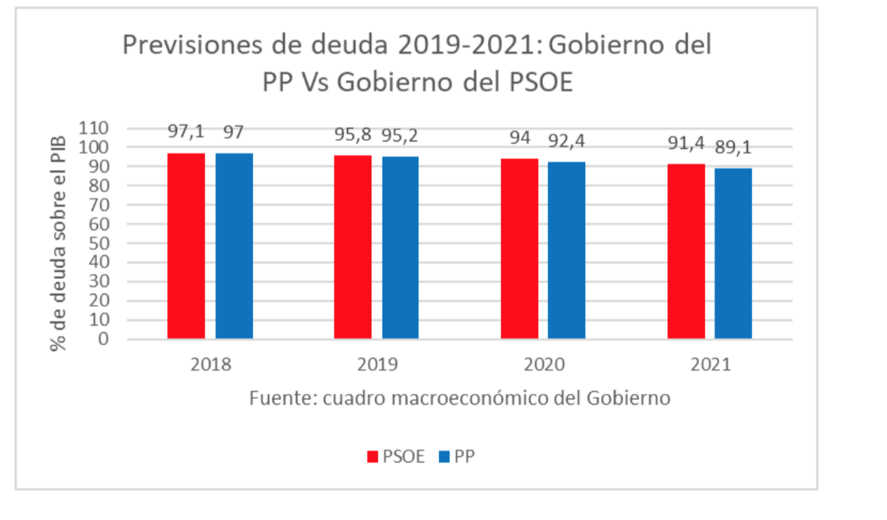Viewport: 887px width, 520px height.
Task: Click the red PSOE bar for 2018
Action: pos(186,246)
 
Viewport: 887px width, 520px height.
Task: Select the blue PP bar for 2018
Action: pos(234,246)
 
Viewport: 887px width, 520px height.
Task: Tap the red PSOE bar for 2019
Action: pos(353,246)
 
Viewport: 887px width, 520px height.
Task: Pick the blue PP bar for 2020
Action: pos(566,250)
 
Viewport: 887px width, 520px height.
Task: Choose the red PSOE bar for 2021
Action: pos(686,251)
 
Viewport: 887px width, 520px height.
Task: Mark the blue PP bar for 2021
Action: pos(733,253)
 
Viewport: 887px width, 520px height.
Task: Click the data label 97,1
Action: pos(185,133)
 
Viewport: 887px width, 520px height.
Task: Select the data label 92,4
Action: pos(567,141)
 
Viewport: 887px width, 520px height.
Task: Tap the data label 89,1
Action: pos(733,147)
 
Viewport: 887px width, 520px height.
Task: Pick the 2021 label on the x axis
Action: pos(710,365)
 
